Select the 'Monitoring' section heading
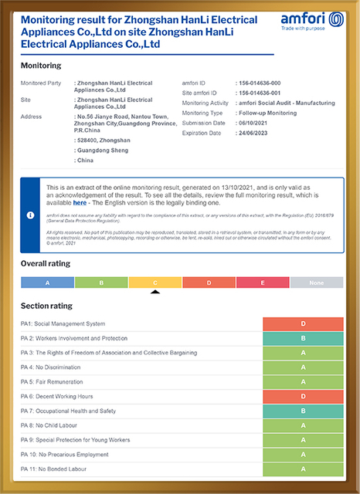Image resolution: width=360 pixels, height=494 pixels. [41, 66]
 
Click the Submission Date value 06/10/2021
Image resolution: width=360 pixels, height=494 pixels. [256, 123]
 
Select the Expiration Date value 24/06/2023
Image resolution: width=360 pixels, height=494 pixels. [256, 133]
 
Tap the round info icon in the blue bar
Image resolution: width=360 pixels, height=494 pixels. [30, 215]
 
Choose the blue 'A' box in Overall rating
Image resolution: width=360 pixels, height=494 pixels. [47, 283]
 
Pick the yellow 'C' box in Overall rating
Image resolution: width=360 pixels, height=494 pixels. [155, 283]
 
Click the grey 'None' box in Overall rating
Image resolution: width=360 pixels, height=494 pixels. [317, 283]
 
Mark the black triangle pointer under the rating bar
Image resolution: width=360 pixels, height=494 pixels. [155, 292]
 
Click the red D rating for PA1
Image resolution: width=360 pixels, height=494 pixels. [303, 324]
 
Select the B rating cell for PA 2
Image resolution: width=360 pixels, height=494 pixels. [303, 338]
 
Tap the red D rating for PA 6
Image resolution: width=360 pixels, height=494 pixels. [303, 397]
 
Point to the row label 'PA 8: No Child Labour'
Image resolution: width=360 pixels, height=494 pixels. [52, 425]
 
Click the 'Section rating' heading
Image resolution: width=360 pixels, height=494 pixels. [46, 306]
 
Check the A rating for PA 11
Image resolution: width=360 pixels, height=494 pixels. [303, 469]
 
